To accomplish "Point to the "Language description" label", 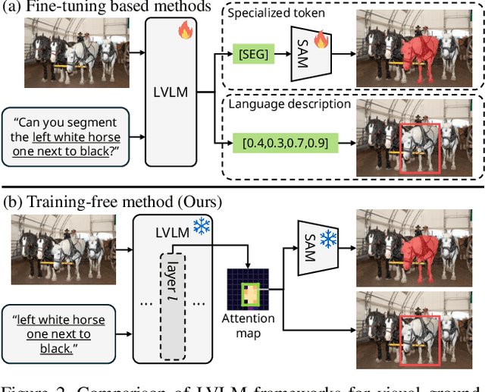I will tap(290, 105).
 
